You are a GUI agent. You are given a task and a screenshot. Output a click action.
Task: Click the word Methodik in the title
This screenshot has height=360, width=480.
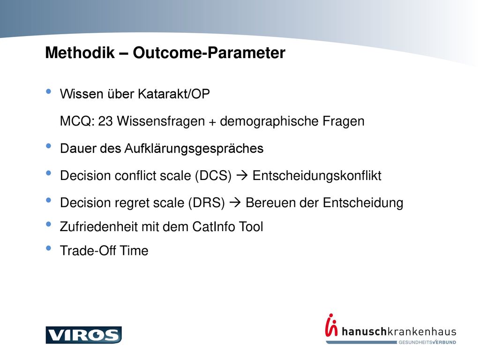(x=80, y=52)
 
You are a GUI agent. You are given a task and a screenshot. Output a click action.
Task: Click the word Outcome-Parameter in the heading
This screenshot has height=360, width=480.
(x=209, y=52)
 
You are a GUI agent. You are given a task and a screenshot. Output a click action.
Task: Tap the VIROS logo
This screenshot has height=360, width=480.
(x=83, y=335)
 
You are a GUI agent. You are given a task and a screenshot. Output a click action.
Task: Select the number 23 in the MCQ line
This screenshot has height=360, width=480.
(x=105, y=121)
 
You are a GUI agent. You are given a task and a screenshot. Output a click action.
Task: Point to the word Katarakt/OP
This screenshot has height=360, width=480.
(x=174, y=94)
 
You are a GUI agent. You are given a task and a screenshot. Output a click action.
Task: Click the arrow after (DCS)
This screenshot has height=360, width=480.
(x=242, y=175)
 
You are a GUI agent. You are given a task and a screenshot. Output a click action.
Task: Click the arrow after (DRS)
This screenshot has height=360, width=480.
(x=235, y=202)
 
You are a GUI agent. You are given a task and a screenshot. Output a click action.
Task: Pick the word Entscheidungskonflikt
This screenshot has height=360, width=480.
(x=317, y=176)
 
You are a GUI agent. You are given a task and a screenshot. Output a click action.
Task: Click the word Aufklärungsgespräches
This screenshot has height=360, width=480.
(x=194, y=149)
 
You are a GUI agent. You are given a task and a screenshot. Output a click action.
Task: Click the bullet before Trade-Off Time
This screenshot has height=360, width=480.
(x=48, y=248)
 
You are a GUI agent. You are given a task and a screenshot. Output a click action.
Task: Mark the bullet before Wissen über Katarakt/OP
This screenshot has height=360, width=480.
(x=48, y=91)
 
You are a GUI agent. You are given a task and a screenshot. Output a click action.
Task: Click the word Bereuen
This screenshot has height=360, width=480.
(x=270, y=203)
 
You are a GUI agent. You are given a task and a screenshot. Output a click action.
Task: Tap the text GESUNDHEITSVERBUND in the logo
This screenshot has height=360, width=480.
(x=427, y=342)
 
